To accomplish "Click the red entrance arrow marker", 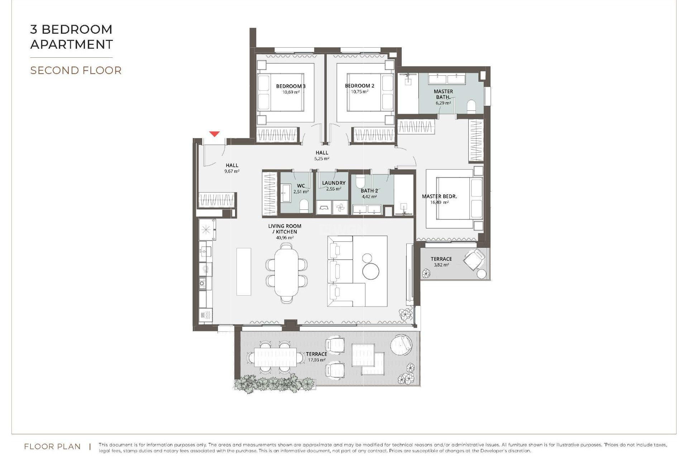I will coord(214,134).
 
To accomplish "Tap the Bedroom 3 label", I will coord(291,86).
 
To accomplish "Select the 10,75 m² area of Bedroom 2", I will coord(359,92).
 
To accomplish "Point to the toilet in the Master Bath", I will coord(471,107).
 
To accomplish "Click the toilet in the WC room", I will coord(304,206).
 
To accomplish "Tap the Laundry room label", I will coord(334,183).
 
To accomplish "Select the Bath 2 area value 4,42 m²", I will coord(369,197).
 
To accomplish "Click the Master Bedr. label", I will coord(439,197).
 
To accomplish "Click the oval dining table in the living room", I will coord(286,273).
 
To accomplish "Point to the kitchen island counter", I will coord(244,271).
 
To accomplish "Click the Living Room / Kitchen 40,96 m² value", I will coord(285,238).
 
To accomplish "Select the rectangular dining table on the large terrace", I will coord(275,357).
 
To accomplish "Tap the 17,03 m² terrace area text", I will coord(316,360).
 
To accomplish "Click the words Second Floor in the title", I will coord(76,71).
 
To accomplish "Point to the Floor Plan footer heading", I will coord(52,447).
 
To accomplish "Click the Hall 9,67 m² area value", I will coord(232,171).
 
